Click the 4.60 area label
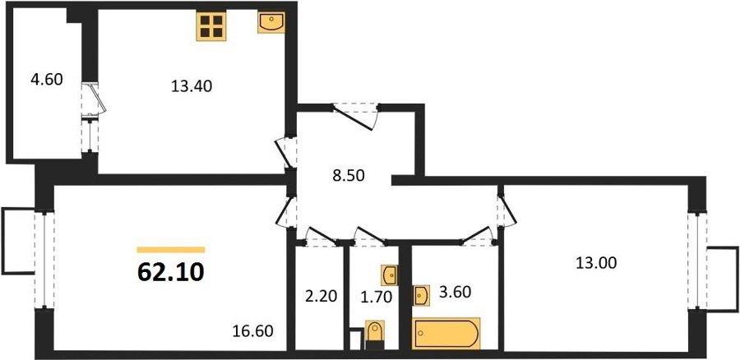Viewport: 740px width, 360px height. [46, 80]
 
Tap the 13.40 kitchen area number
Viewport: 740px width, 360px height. [192, 86]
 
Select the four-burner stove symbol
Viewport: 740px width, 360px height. [211, 26]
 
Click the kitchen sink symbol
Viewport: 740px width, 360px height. [271, 23]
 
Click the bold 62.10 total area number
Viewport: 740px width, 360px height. [171, 272]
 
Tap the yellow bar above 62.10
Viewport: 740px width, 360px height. [171, 250]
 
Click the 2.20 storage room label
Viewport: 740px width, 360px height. [321, 297]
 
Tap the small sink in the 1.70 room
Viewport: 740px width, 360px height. [390, 275]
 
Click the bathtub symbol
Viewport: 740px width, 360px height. [446, 334]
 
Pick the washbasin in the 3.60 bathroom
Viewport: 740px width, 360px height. [421, 295]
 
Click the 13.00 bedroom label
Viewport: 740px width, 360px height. [596, 263]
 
